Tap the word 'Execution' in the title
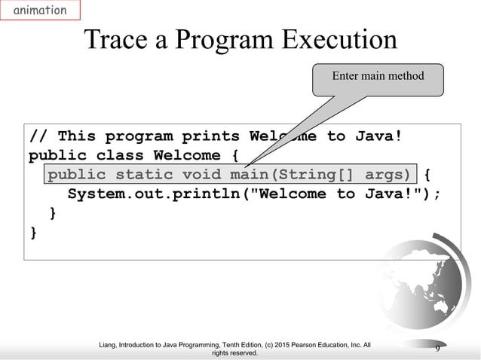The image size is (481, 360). click(341, 41)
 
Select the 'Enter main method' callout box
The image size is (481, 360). click(378, 76)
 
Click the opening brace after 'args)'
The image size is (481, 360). click(427, 175)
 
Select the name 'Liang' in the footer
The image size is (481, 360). click(111, 345)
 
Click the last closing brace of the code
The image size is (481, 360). click(33, 233)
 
